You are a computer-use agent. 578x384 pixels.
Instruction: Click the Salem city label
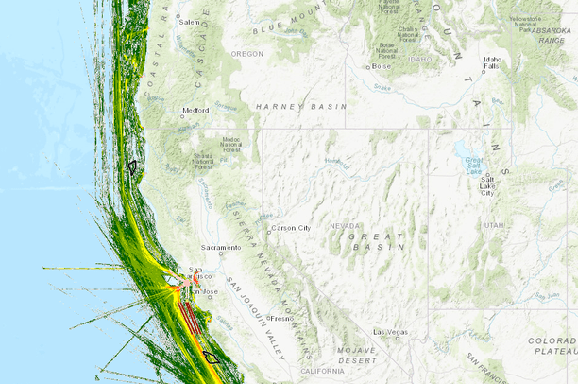pyautogui.click(x=191, y=22)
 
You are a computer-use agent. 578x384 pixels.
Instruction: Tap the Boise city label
pyautogui.click(x=382, y=66)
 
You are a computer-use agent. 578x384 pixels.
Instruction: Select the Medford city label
pyautogui.click(x=195, y=110)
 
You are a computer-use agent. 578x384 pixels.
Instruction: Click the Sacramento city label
pyautogui.click(x=220, y=248)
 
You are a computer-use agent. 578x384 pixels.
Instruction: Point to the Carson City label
pyautogui.click(x=291, y=228)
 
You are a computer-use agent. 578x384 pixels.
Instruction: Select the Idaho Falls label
pyautogui.click(x=491, y=62)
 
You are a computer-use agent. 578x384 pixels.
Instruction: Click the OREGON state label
pyautogui.click(x=247, y=54)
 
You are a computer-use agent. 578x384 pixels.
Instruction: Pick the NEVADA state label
pyautogui.click(x=345, y=226)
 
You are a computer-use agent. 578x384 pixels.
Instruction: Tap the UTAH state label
pyautogui.click(x=494, y=226)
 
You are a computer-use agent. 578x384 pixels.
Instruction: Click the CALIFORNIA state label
pyautogui.click(x=323, y=372)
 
